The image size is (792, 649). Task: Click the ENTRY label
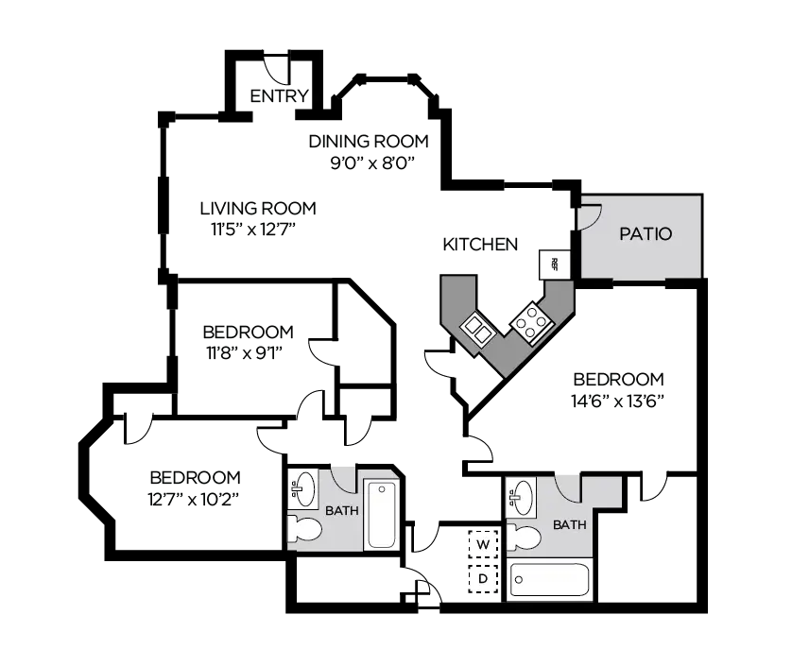tap(279, 95)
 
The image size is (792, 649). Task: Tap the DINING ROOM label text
tap(369, 142)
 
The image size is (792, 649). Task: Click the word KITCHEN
tap(480, 245)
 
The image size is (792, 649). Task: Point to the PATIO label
tap(646, 233)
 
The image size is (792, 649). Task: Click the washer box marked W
tap(483, 545)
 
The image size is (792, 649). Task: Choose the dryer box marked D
tap(483, 577)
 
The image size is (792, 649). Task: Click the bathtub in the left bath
tap(382, 514)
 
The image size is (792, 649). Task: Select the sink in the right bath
tap(521, 495)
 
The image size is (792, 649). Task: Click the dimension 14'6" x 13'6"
tap(620, 400)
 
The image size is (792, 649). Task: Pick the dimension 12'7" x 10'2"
tap(195, 498)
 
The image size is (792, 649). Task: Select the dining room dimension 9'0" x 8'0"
tap(369, 162)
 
